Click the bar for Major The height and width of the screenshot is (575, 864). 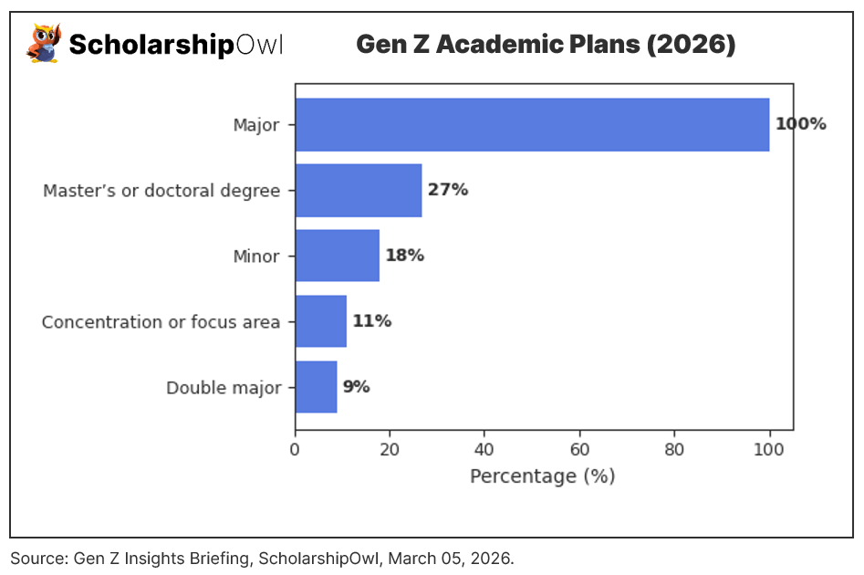tap(532, 124)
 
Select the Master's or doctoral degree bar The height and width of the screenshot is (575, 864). tap(359, 190)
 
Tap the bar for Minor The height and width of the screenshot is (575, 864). tap(337, 256)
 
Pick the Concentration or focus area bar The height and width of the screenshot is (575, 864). tap(320, 321)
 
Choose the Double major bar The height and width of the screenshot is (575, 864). tap(316, 387)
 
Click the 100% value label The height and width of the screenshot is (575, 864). tap(800, 124)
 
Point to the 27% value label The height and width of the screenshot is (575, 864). tap(447, 190)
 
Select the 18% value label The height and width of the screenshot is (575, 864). tap(404, 256)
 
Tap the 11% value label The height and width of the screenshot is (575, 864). tap(371, 321)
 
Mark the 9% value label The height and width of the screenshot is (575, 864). tap(356, 387)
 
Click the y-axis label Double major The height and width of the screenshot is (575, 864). tap(223, 388)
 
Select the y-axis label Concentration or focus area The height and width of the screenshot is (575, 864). tap(161, 322)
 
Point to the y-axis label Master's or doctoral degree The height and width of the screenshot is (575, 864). tap(161, 191)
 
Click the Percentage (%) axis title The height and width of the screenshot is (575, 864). tap(542, 476)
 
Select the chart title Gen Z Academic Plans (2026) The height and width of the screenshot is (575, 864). tap(545, 44)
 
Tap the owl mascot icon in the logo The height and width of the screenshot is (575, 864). tap(43, 44)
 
